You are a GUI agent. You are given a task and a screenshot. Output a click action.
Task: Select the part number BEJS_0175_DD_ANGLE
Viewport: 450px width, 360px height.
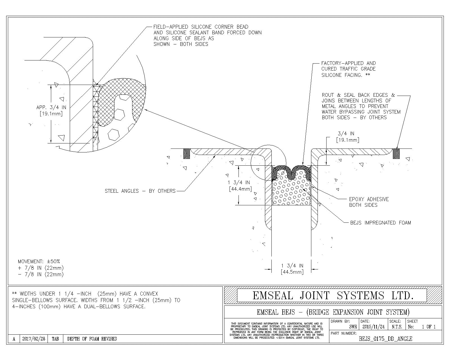tap(385, 339)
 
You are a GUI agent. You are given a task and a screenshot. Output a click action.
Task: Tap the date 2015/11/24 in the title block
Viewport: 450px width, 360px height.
tap(373, 327)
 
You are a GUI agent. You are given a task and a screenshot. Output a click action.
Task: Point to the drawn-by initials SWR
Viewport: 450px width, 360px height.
tap(353, 327)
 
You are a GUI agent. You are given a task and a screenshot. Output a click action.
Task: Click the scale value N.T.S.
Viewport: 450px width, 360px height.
tap(397, 327)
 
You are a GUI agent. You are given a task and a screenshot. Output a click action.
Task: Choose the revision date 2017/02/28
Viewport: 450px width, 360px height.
tap(33, 339)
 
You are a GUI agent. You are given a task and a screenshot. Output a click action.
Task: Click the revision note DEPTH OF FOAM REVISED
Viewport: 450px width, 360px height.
tap(92, 339)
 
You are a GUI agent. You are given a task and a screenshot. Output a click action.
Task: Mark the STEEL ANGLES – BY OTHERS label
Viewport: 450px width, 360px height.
tap(140, 191)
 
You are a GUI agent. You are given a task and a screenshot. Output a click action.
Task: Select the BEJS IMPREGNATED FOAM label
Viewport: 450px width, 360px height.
tap(381, 223)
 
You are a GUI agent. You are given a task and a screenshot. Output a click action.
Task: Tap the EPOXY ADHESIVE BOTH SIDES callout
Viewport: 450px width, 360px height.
tap(369, 202)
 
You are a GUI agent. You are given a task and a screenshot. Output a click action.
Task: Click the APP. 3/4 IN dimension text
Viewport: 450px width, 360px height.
tap(51, 107)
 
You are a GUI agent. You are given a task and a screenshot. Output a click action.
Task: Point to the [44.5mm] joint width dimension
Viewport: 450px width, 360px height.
tap(292, 272)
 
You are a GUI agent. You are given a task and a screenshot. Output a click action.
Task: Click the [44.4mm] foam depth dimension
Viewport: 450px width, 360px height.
tap(240, 189)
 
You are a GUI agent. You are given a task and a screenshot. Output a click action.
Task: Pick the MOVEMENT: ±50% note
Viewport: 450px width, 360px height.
tap(39, 262)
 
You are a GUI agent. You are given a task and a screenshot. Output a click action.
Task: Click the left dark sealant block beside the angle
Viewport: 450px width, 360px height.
tap(186, 154)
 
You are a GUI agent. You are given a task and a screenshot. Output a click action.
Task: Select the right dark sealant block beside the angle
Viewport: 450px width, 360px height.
tap(396, 154)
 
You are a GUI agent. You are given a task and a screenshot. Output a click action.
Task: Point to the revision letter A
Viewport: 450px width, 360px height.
tap(14, 339)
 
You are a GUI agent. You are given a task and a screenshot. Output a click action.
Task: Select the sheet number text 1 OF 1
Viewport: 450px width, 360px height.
tap(429, 327)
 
